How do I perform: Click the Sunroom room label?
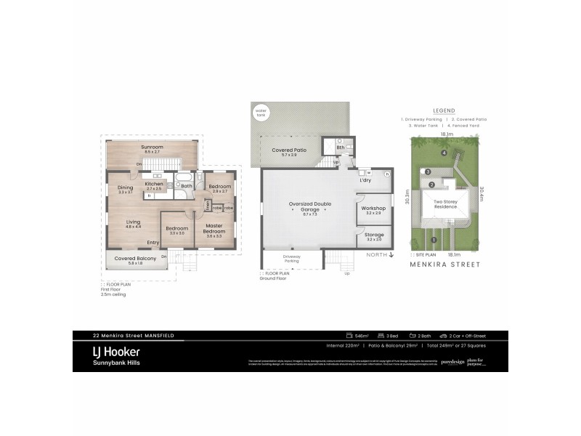pos(152,148)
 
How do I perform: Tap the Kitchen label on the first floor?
pos(154,185)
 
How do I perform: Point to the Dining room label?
pos(125,188)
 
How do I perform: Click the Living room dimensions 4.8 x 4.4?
pos(133,227)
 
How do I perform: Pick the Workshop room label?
pos(373,209)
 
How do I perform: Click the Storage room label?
pos(374,235)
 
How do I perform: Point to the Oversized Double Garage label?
pos(309,204)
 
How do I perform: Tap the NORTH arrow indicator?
pos(381,255)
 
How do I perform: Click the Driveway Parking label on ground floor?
pos(290,258)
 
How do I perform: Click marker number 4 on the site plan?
pos(444,153)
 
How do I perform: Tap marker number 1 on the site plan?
pos(434,239)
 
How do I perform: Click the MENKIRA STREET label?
pos(444,265)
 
